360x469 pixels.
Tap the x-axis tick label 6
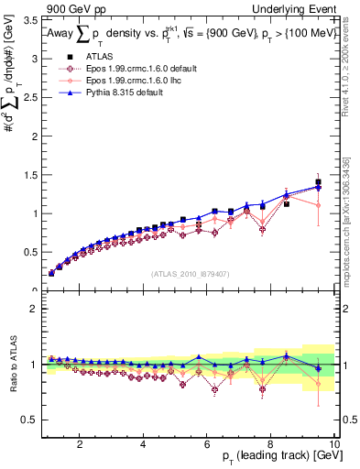(208, 445)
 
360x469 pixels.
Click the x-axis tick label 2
(81, 445)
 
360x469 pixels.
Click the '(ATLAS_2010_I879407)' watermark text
(190, 273)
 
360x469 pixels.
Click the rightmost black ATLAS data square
(318, 182)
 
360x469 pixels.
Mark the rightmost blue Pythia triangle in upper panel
(318, 187)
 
